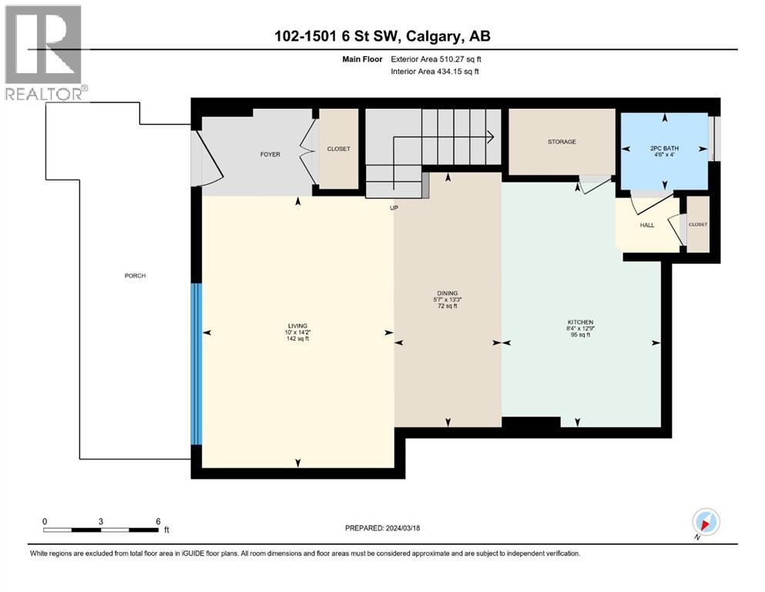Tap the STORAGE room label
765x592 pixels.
(x=562, y=142)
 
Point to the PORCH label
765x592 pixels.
(x=135, y=276)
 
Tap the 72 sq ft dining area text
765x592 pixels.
(x=448, y=306)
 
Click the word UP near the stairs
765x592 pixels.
(x=394, y=207)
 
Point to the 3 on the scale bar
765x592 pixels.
(x=101, y=521)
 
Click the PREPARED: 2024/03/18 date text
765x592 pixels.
(x=382, y=528)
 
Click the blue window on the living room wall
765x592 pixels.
(x=196, y=364)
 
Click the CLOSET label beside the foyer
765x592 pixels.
(x=338, y=149)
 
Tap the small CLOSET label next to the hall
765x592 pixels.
(x=697, y=224)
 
